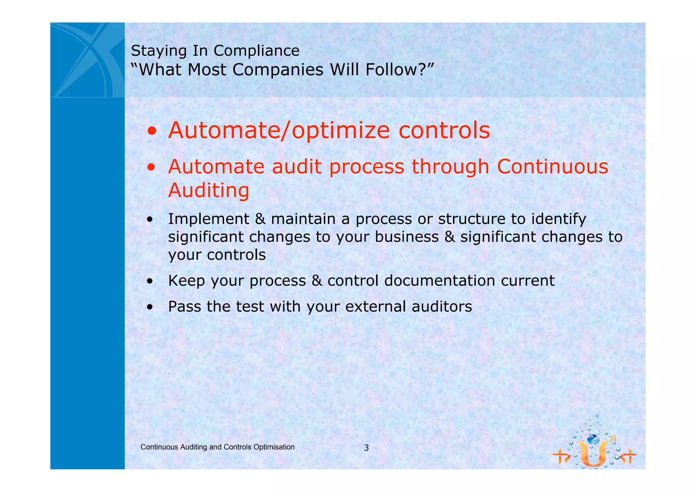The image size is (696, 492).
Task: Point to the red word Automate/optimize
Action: point(279,131)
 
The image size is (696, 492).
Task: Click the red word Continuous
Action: point(552,167)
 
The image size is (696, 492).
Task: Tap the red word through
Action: point(450,167)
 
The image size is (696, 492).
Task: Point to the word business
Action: point(406,237)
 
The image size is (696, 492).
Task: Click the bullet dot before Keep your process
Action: point(150,282)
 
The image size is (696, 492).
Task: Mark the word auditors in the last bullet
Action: point(442,307)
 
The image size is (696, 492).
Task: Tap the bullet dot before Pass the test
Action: point(150,307)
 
